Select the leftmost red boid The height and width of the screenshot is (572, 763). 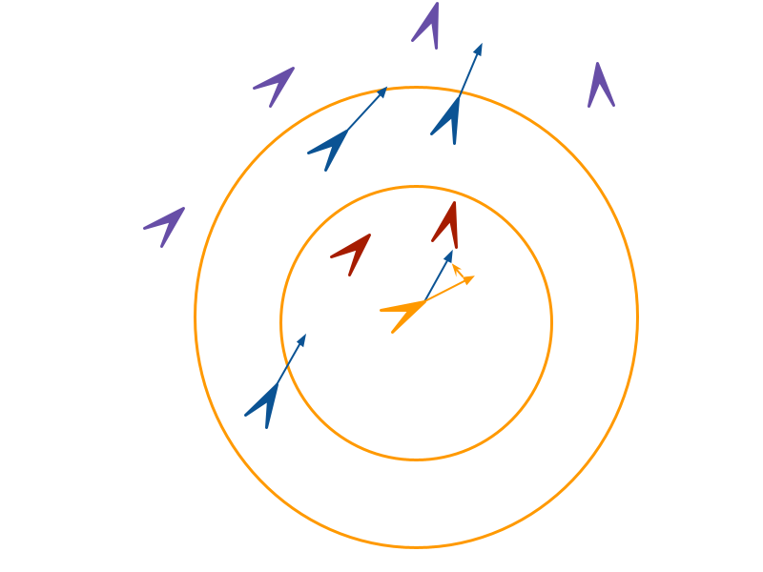(354, 251)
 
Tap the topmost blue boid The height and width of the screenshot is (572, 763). (448, 121)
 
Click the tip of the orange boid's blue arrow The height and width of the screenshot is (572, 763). (451, 252)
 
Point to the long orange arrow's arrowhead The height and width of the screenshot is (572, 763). (471, 278)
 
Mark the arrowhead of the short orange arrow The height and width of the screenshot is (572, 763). (454, 266)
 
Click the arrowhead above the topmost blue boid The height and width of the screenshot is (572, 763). (479, 45)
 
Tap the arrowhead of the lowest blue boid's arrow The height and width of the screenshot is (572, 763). (304, 336)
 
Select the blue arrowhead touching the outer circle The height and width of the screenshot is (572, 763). (384, 89)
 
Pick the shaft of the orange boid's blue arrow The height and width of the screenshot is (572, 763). (435, 279)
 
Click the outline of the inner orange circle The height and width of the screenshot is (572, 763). (551, 322)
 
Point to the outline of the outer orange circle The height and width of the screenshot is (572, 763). (638, 317)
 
